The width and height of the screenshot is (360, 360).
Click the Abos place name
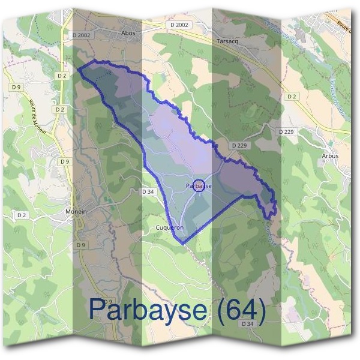[x=128, y=34]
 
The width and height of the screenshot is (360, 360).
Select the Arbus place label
[x=330, y=156]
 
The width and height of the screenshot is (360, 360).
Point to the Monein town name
[x=76, y=212]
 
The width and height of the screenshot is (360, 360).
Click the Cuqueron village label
[x=169, y=229]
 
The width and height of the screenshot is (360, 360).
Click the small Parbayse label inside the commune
[x=199, y=186]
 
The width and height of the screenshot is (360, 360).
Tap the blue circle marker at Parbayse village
[x=200, y=185]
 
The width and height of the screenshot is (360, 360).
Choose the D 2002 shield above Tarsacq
[x=179, y=25]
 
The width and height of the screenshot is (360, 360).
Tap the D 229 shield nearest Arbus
[x=286, y=131]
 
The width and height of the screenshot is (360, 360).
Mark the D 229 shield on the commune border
[x=238, y=145]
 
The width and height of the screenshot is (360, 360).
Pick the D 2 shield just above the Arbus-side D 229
[x=292, y=96]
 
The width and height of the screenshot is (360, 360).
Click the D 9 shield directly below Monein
[x=80, y=245]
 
